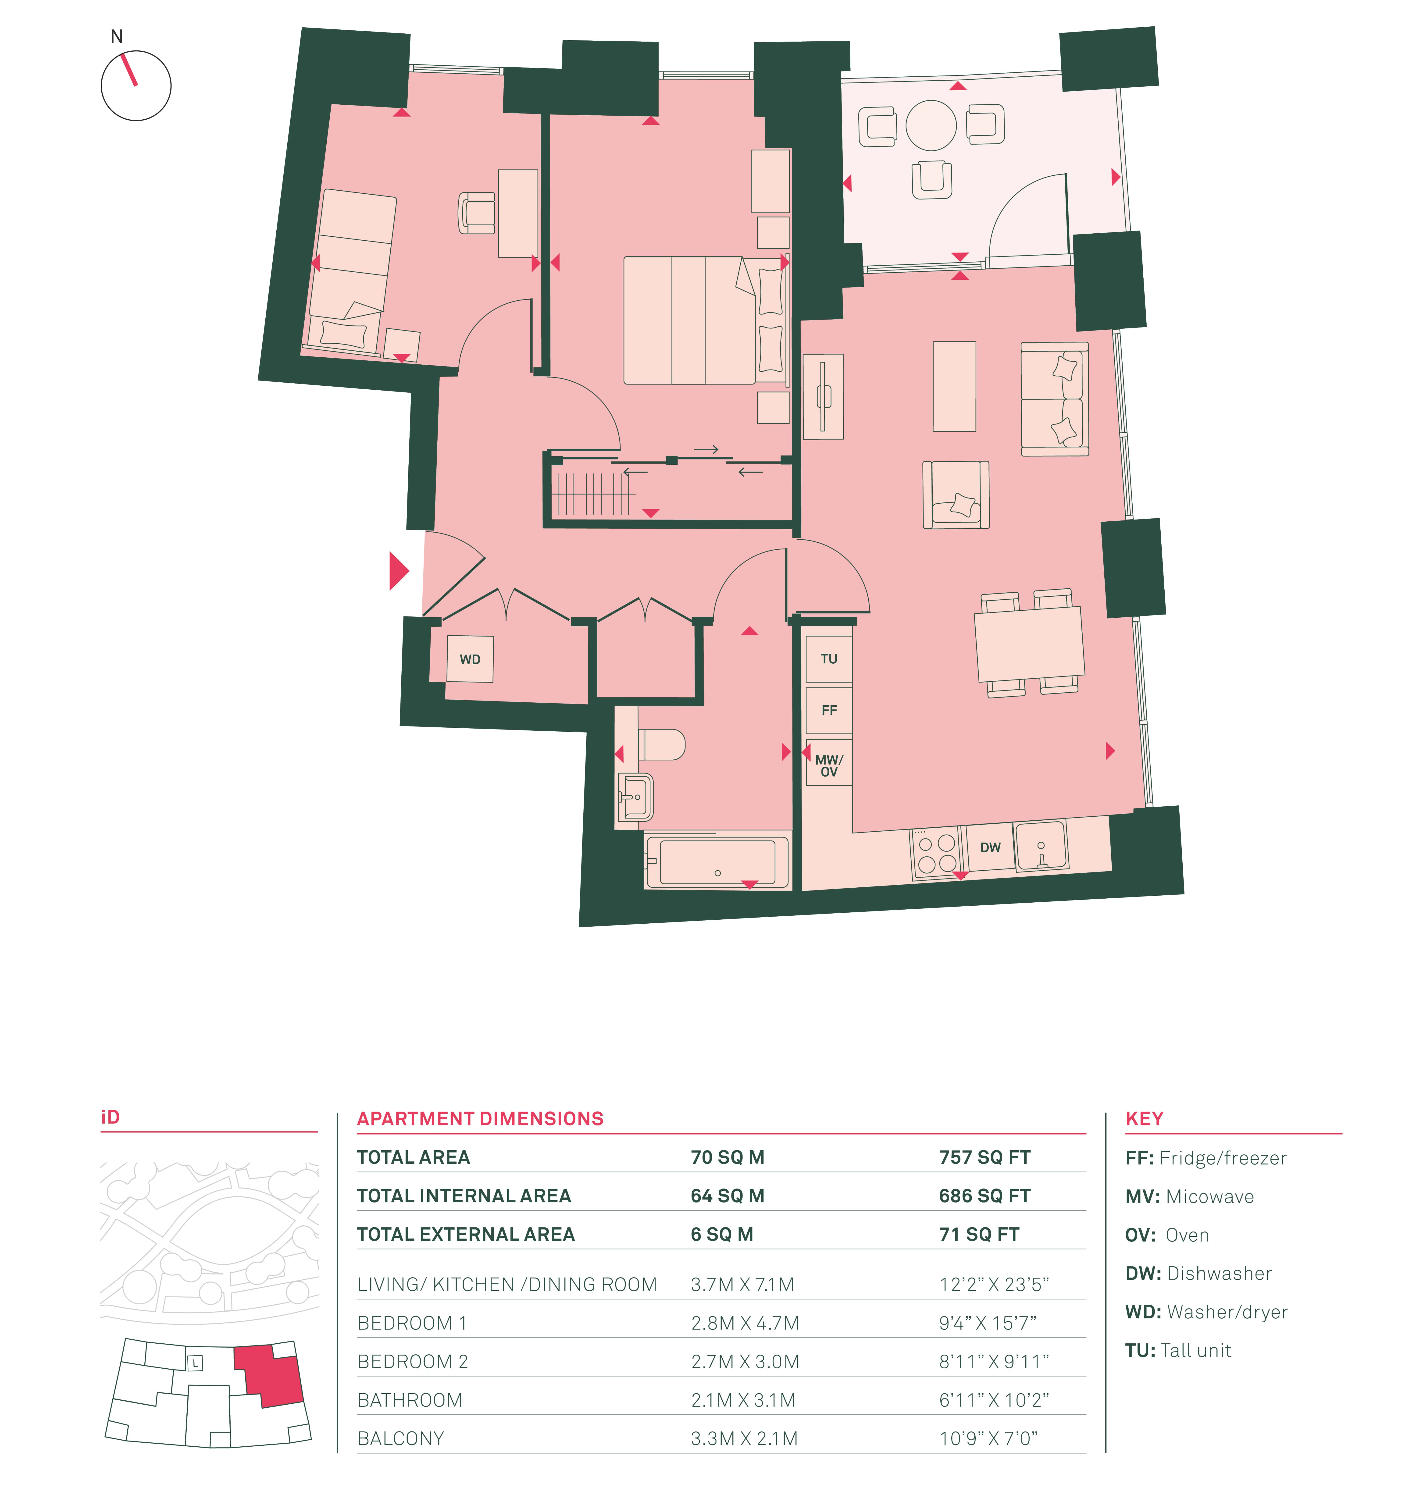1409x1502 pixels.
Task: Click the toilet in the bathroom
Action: (x=661, y=744)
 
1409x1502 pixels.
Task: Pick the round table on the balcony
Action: (x=931, y=125)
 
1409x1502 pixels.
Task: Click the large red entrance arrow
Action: (x=398, y=570)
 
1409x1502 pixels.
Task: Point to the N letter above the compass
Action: (x=116, y=36)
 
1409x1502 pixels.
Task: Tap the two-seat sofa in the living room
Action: (x=1055, y=399)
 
